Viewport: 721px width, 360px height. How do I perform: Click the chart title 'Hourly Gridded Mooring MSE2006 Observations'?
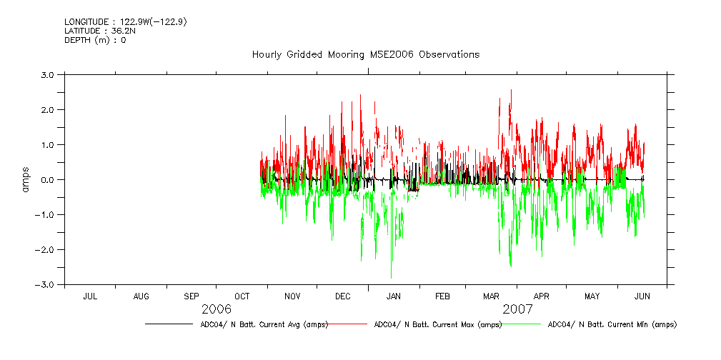pyautogui.click(x=365, y=55)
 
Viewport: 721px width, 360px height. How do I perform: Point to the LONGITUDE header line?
pyautogui.click(x=126, y=22)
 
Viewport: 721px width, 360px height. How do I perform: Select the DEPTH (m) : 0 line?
pyautogui.click(x=95, y=40)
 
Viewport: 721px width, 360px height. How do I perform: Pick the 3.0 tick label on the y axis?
pyautogui.click(x=49, y=74)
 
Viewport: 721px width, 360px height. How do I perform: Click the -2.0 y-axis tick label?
pyautogui.click(x=46, y=250)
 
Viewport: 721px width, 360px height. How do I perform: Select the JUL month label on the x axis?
pyautogui.click(x=90, y=296)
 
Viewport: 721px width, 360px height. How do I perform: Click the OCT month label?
pyautogui.click(x=242, y=296)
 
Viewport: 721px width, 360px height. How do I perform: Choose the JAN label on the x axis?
pyautogui.click(x=394, y=296)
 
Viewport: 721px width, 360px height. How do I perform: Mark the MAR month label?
pyautogui.click(x=492, y=296)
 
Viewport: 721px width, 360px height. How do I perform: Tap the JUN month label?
pyautogui.click(x=642, y=296)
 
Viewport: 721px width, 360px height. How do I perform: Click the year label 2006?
pyautogui.click(x=217, y=309)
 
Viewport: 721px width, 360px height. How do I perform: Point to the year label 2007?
pyautogui.click(x=517, y=309)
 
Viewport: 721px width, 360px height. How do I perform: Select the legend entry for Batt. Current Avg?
pyautogui.click(x=264, y=324)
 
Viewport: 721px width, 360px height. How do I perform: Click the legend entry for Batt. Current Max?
pyautogui.click(x=438, y=324)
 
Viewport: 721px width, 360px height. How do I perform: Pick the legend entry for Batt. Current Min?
pyautogui.click(x=612, y=324)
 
